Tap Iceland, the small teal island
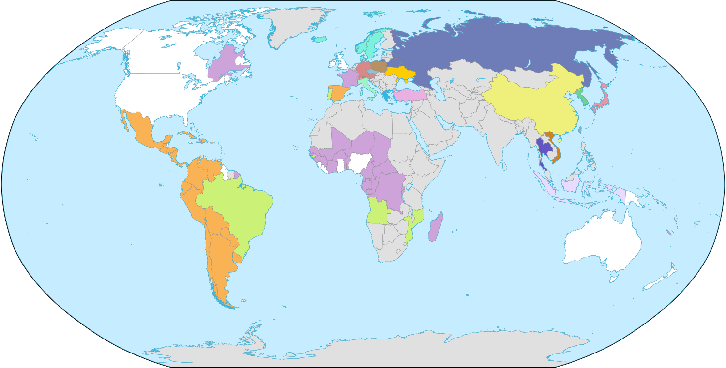[x=319, y=39]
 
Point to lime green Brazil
[x=235, y=208]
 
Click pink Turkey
[x=409, y=95]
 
